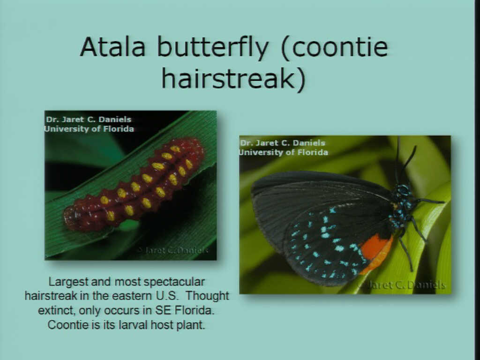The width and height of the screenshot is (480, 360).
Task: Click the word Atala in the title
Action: [112, 47]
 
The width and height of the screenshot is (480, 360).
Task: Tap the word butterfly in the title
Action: [213, 48]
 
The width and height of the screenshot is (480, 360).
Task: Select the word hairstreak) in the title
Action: [234, 78]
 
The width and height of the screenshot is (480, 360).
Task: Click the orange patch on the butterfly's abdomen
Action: [375, 253]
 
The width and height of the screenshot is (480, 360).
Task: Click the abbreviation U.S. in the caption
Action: [166, 296]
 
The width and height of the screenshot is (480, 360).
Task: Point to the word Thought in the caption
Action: [207, 296]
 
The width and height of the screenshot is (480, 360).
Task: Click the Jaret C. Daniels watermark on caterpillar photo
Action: [173, 250]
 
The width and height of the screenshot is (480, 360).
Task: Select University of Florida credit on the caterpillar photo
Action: [89, 129]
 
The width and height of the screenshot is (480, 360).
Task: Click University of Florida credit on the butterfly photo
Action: [284, 152]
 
